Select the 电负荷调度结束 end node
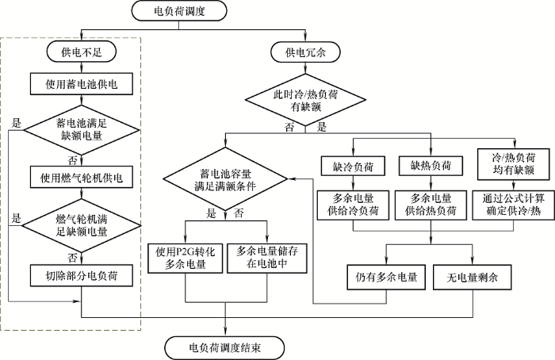[223, 347]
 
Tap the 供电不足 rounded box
[75, 53]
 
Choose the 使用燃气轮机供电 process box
[75, 174]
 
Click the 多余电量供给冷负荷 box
[353, 205]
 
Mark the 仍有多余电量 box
[386, 278]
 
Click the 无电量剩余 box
[473, 278]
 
